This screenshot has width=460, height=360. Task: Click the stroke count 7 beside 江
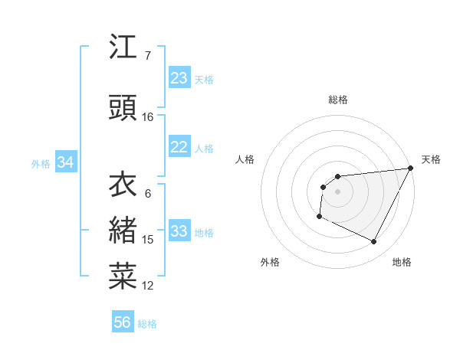pyautogui.click(x=147, y=56)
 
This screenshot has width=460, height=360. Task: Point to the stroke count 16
pyautogui.click(x=148, y=117)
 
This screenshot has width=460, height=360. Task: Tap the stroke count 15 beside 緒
pyautogui.click(x=148, y=240)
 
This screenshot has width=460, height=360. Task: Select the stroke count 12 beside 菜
pyautogui.click(x=148, y=286)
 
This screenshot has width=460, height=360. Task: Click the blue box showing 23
pyautogui.click(x=179, y=78)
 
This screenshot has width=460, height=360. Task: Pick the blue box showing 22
pyautogui.click(x=179, y=148)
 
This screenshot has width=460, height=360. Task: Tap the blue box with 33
pyautogui.click(x=179, y=232)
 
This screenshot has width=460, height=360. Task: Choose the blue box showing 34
pyautogui.click(x=65, y=162)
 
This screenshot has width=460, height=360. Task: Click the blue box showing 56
pyautogui.click(x=122, y=322)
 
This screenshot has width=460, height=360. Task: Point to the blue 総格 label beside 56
pyautogui.click(x=147, y=324)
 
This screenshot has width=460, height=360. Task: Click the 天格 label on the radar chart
pyautogui.click(x=431, y=159)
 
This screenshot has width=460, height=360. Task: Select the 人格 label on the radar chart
pyautogui.click(x=245, y=159)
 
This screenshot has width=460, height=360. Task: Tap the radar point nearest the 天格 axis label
pyautogui.click(x=411, y=169)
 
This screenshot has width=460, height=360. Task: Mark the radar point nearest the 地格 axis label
pyautogui.click(x=374, y=242)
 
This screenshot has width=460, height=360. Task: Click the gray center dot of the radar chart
pyautogui.click(x=337, y=191)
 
